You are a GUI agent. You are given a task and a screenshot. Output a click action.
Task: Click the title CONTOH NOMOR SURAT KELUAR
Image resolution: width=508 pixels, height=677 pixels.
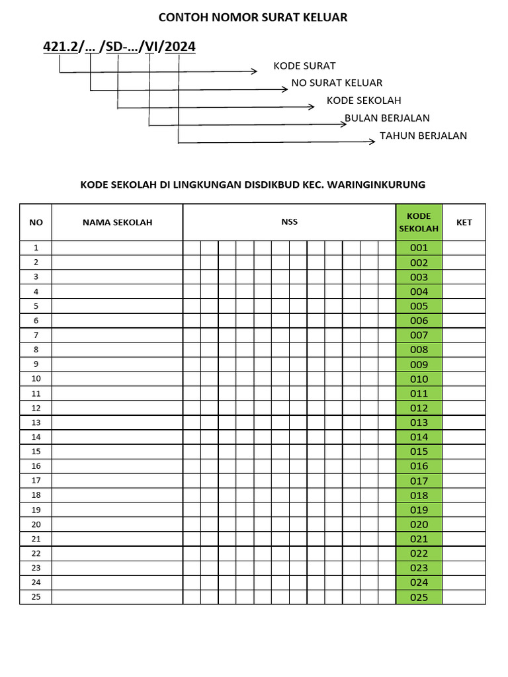(x=253, y=17)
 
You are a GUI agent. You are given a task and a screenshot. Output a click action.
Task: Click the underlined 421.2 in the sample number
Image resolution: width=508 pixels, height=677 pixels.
(x=60, y=47)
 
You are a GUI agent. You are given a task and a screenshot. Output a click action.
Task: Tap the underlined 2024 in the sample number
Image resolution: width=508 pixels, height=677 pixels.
(x=180, y=47)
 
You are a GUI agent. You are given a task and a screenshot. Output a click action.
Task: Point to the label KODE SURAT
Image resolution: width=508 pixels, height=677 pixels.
(x=304, y=65)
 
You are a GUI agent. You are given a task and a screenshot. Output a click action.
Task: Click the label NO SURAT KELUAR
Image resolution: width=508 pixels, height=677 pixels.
(x=337, y=83)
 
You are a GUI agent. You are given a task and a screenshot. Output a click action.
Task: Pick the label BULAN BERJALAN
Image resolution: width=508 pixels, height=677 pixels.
(x=387, y=118)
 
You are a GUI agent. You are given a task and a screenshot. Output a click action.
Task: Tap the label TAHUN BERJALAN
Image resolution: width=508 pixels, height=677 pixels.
(x=423, y=136)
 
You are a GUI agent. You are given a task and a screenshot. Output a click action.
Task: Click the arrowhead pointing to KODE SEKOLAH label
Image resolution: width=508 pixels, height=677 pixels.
(x=312, y=107)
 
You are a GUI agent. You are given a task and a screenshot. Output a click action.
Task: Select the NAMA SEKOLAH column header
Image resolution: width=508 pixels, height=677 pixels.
(x=117, y=222)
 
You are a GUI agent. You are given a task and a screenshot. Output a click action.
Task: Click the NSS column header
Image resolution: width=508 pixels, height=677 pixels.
(x=289, y=222)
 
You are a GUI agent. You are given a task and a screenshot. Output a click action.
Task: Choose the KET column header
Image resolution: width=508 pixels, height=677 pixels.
(x=464, y=222)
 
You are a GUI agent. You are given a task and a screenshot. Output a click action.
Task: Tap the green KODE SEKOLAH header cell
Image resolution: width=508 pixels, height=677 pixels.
(x=419, y=222)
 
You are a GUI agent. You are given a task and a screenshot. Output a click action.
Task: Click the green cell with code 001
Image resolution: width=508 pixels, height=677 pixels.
(x=419, y=248)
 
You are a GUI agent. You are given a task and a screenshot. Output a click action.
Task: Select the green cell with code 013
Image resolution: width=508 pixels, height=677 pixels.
(x=419, y=422)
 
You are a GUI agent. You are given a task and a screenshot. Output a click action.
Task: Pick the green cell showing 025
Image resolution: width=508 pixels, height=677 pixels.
(x=419, y=598)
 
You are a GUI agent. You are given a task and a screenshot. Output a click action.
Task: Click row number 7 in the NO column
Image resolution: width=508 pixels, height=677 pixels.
(x=36, y=335)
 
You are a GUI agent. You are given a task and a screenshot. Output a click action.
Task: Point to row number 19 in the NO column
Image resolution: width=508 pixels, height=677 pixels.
(x=36, y=510)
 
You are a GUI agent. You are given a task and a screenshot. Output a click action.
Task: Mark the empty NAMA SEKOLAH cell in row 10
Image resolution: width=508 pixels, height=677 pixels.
(x=117, y=379)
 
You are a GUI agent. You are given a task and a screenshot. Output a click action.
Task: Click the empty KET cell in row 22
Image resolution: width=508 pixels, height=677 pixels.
(x=464, y=553)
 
